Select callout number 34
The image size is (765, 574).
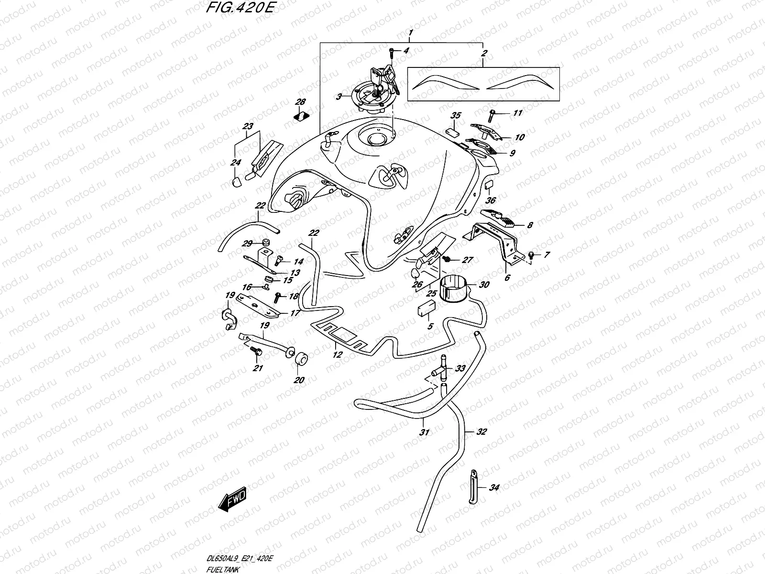(494, 488)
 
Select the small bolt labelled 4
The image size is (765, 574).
(392, 51)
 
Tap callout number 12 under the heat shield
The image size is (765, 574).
(338, 354)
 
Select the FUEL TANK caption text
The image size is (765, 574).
(220, 569)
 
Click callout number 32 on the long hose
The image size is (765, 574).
(481, 431)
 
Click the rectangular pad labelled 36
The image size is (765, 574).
(490, 186)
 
